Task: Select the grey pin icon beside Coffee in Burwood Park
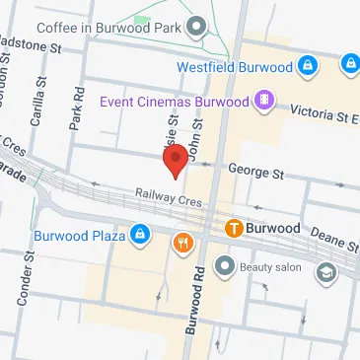click(196, 24)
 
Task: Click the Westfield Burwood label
click(235, 67)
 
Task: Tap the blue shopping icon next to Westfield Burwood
click(308, 66)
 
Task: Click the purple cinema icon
click(263, 100)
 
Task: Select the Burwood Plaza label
click(78, 235)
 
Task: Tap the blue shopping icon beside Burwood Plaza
click(140, 235)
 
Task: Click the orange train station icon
click(234, 228)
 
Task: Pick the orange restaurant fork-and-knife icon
click(182, 243)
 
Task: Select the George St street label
click(255, 171)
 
